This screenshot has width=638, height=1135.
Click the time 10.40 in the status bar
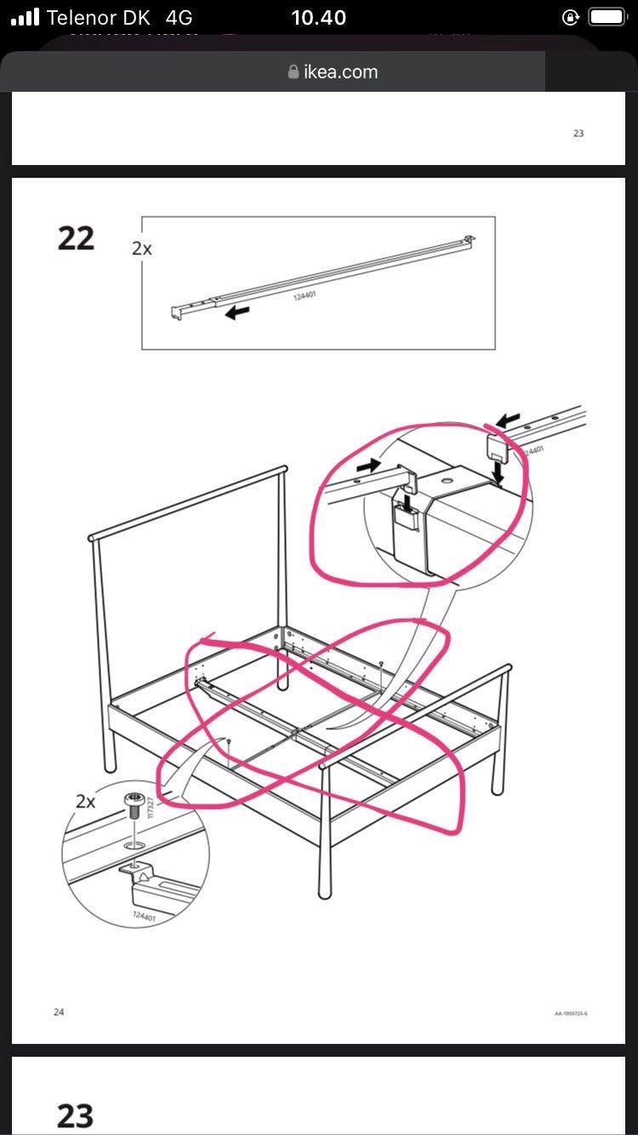[318, 18]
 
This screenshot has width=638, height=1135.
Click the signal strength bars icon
[26, 18]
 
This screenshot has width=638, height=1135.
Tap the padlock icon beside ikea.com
[294, 72]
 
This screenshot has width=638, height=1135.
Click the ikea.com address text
[340, 72]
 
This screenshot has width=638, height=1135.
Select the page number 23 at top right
[578, 134]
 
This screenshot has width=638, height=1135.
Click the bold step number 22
[76, 238]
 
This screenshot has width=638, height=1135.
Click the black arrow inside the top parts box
[238, 313]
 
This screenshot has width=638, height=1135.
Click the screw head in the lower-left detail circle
[134, 801]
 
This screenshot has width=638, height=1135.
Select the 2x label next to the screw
[86, 801]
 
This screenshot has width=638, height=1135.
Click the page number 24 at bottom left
[59, 1012]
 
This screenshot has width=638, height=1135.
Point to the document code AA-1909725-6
[571, 1013]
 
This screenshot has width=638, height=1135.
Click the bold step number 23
[75, 1115]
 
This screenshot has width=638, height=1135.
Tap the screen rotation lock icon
[571, 17]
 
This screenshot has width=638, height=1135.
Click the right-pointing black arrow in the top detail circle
[368, 466]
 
